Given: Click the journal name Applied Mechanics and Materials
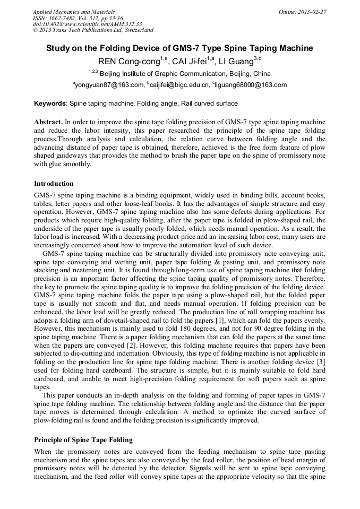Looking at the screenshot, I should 73,12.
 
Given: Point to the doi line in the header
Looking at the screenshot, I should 87,24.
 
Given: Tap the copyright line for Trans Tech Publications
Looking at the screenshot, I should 93,30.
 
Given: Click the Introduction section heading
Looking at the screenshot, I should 54,184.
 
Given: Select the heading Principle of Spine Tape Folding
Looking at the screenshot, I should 83,440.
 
